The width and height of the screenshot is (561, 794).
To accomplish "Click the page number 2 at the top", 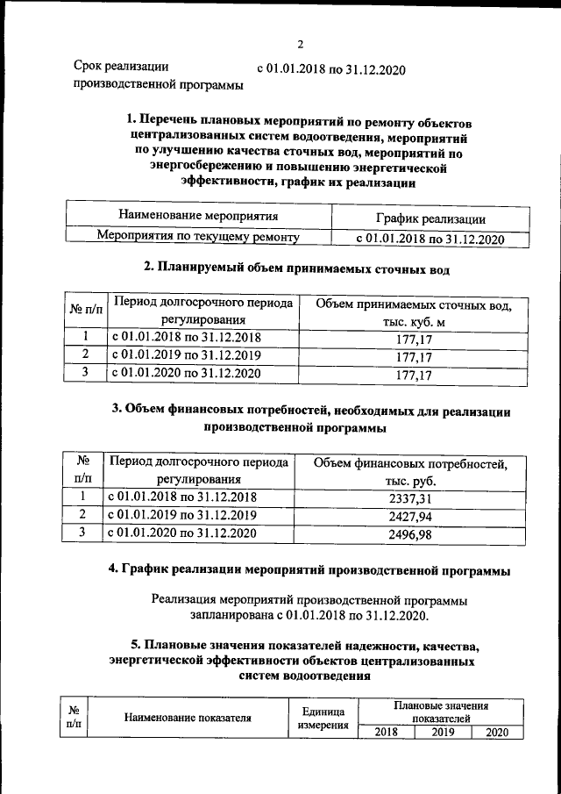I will point(300,46).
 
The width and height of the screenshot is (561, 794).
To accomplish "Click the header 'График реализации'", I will point(418,218).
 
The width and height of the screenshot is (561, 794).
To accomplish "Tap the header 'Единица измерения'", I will point(323,718).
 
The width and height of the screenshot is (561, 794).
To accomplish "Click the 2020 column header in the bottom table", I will point(496,733).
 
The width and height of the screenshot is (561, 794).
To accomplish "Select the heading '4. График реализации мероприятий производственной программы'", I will point(309,570).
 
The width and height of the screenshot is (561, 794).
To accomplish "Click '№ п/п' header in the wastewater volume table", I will point(85,312).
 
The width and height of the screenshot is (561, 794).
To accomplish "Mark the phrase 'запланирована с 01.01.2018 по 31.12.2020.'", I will point(309,617).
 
